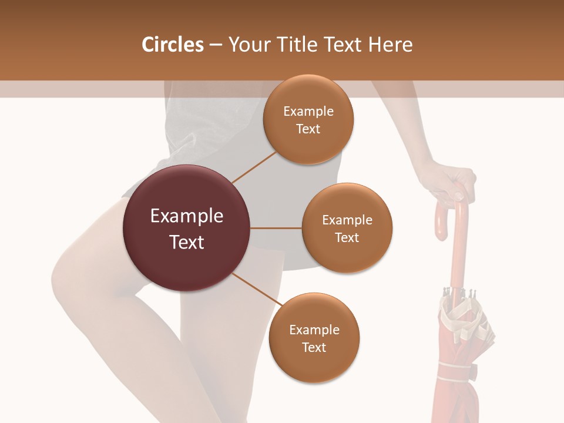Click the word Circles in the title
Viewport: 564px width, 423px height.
[172, 45]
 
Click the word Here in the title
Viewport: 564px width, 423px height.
[391, 45]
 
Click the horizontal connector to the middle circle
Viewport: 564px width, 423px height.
[276, 228]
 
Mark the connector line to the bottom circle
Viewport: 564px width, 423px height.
[256, 291]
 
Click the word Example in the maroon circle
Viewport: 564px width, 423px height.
[187, 216]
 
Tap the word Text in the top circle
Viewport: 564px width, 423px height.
[308, 129]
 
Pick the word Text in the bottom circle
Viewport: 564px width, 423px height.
[314, 347]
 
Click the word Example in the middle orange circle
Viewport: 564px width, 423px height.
[347, 220]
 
